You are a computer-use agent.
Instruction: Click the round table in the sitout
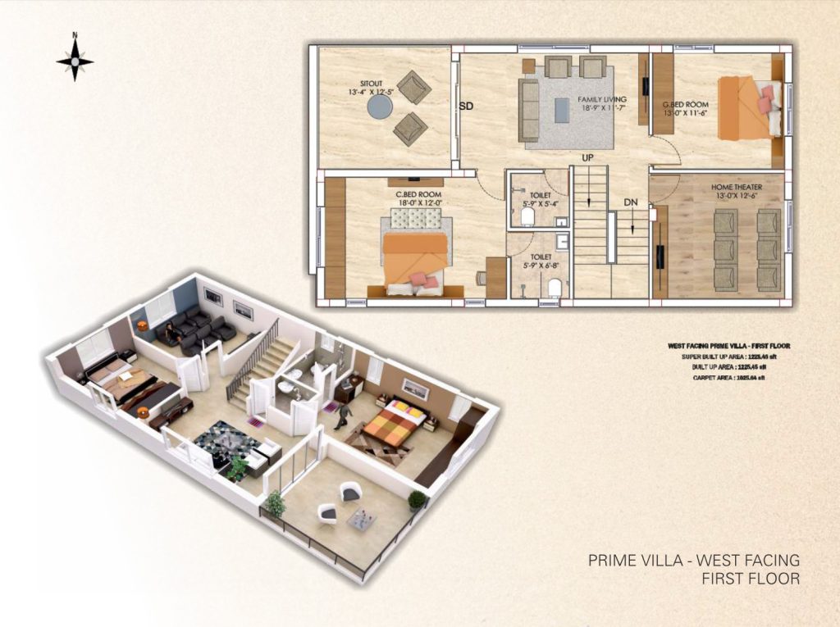(379, 107)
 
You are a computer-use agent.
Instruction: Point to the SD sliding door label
(466, 106)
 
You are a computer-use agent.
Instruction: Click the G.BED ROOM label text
(686, 105)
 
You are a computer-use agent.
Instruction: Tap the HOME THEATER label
(736, 188)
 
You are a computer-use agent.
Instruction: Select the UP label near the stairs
(587, 157)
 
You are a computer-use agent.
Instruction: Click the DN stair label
(630, 202)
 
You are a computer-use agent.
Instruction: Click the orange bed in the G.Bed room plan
(739, 108)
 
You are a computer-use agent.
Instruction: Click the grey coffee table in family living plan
(561, 109)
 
